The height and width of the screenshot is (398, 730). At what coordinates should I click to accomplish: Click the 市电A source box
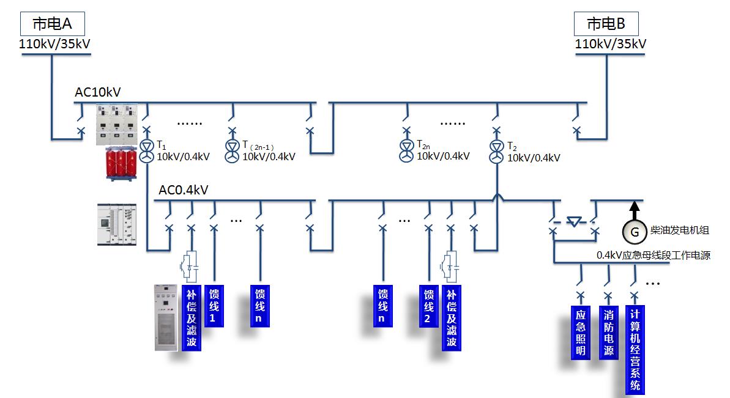pos(52,24)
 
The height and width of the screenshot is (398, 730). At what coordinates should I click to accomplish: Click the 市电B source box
pos(606,24)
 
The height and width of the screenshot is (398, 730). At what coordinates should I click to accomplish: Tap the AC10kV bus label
pos(98,92)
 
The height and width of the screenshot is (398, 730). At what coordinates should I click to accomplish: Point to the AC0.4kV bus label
pos(184,190)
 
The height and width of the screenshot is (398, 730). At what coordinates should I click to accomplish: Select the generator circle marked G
pos(635,231)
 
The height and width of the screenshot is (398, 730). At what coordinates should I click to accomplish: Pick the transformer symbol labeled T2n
pos(406,150)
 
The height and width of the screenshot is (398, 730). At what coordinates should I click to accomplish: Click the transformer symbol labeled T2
pos(496,152)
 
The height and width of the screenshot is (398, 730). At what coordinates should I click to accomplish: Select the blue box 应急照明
pos(581,332)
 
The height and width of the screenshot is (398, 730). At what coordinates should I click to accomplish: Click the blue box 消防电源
pos(608,332)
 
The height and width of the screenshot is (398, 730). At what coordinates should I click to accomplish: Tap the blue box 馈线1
pos(213,306)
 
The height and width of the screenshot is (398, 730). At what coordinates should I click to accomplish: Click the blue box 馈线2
pos(428,306)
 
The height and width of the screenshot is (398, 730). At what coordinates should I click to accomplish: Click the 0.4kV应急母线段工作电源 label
pos(653,256)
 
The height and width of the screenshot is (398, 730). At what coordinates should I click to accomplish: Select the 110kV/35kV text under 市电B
pos(610,44)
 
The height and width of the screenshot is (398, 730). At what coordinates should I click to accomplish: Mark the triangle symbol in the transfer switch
pos(573,221)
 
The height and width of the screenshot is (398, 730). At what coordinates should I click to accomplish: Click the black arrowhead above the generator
pos(635,208)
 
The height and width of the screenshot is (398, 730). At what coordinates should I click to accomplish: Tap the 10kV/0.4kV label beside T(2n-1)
pos(269,157)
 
